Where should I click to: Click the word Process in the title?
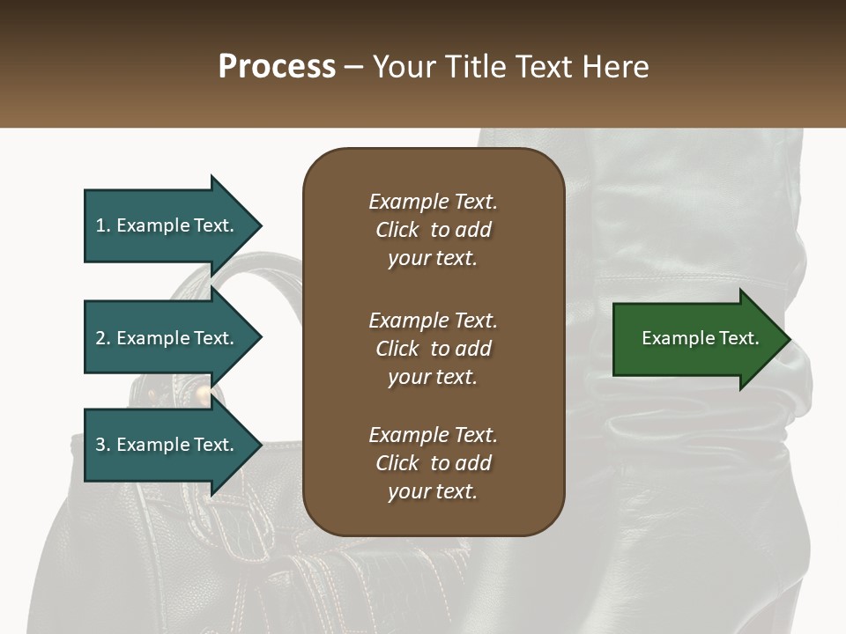coord(277,67)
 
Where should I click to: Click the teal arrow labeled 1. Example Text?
coord(165,225)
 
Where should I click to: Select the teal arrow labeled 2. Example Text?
coord(165,338)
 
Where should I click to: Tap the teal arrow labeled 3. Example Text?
coord(165,445)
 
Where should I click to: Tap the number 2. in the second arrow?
coord(103,338)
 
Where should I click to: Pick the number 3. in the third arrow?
coord(103,445)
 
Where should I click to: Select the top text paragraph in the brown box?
coord(433,230)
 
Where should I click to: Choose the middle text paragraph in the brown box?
coord(433,349)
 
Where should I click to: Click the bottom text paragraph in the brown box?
coord(433,463)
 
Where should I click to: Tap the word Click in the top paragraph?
coord(397,230)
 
